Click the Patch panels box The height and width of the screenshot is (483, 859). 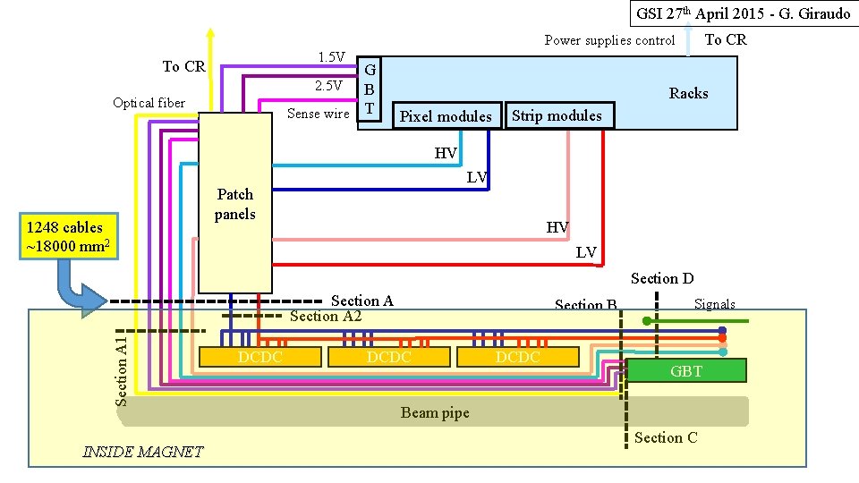pyautogui.click(x=235, y=203)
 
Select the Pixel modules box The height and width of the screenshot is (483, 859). pyautogui.click(x=447, y=115)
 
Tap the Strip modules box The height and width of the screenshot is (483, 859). pyautogui.click(x=558, y=115)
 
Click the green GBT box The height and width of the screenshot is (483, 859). pyautogui.click(x=686, y=370)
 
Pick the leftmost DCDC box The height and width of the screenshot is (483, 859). pyautogui.click(x=260, y=357)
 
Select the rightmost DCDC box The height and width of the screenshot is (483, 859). pyautogui.click(x=518, y=357)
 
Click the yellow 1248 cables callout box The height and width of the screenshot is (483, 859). pyautogui.click(x=69, y=236)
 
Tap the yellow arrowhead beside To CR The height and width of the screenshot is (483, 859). pyautogui.click(x=210, y=34)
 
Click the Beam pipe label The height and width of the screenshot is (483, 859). pyautogui.click(x=435, y=412)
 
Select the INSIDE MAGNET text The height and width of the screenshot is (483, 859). pyautogui.click(x=143, y=452)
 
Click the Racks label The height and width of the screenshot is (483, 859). pyautogui.click(x=689, y=93)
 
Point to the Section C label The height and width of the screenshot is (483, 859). pyautogui.click(x=666, y=437)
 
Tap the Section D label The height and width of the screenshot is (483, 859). pyautogui.click(x=662, y=278)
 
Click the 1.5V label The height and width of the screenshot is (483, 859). pyautogui.click(x=332, y=57)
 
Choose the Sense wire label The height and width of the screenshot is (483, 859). pyautogui.click(x=319, y=114)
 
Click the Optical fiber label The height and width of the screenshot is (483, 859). pyautogui.click(x=149, y=103)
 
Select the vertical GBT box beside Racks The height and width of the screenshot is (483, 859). pyautogui.click(x=370, y=89)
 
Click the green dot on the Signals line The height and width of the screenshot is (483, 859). pyautogui.click(x=647, y=321)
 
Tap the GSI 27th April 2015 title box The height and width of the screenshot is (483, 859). pyautogui.click(x=744, y=13)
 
